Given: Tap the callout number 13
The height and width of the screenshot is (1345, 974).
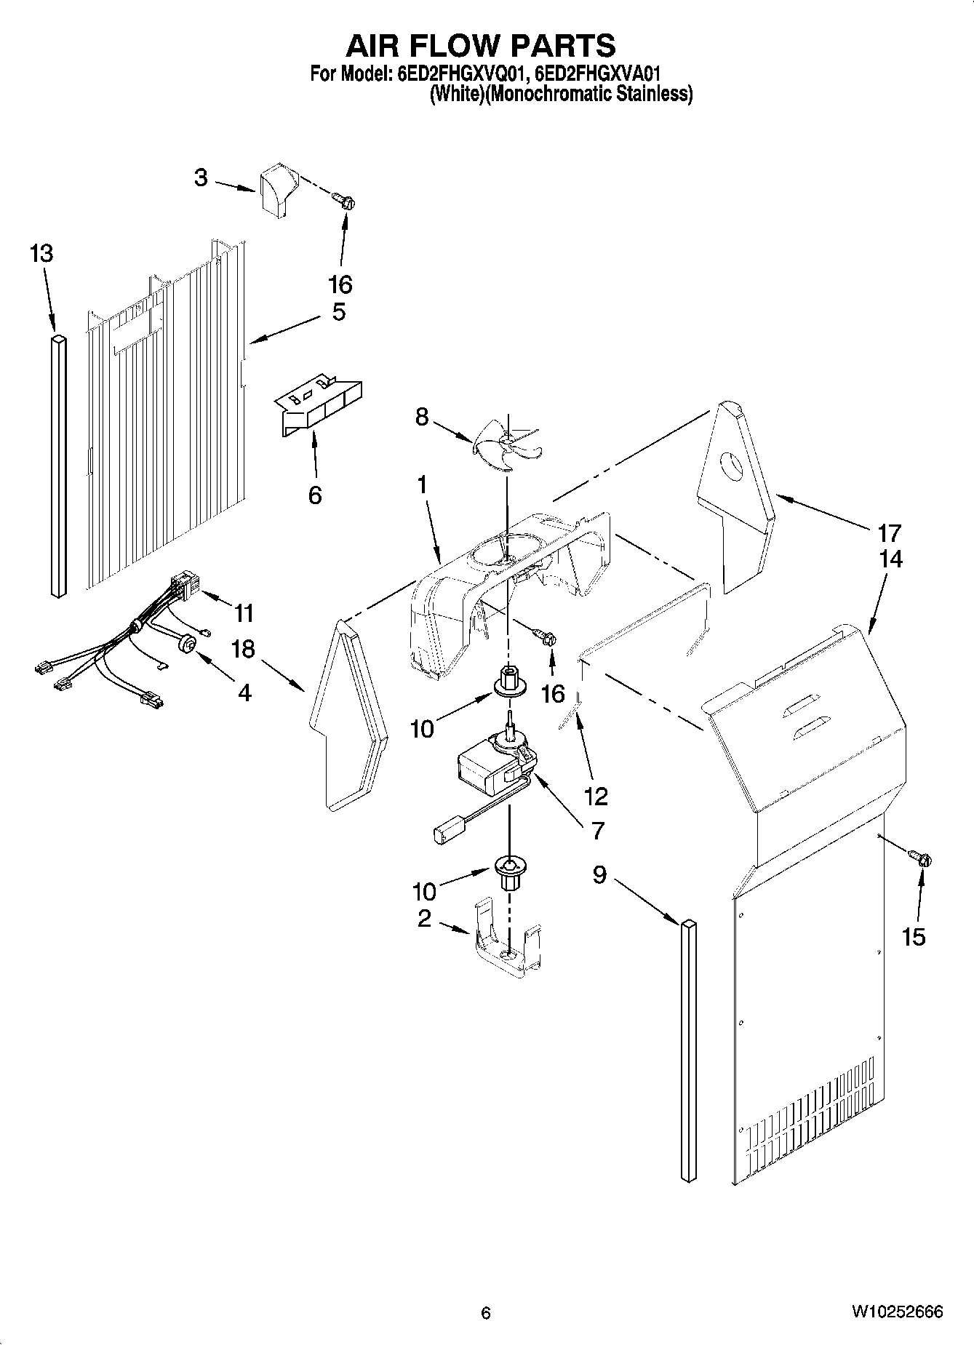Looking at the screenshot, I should (41, 254).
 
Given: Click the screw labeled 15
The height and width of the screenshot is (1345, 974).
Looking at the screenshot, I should (922, 859).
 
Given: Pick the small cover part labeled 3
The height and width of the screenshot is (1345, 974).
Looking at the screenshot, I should (278, 188).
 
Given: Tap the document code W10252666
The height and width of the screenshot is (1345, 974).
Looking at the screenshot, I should (897, 1312).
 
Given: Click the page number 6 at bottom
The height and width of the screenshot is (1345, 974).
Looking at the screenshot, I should (486, 1313).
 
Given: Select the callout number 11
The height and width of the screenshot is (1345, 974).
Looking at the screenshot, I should (244, 613).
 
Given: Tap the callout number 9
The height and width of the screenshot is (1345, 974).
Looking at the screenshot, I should (599, 874).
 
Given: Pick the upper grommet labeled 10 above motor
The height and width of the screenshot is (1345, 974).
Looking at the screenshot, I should (508, 681).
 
